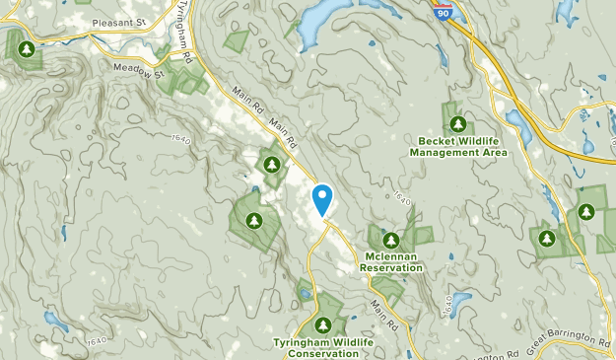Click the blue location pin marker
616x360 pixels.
(x=322, y=200)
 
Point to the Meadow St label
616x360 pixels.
(x=136, y=69)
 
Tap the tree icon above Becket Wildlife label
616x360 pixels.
(x=457, y=123)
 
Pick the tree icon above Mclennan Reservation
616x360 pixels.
(x=391, y=240)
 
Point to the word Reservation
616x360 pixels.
(x=391, y=267)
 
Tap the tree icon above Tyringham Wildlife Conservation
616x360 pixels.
(x=322, y=324)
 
